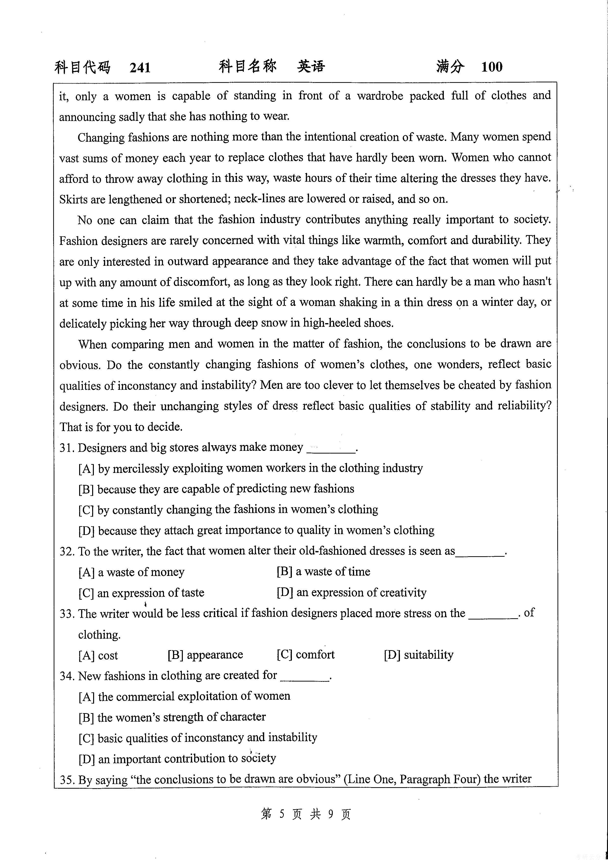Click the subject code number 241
pyautogui.click(x=140, y=67)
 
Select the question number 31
pyautogui.click(x=67, y=448)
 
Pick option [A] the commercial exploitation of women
pyautogui.click(x=184, y=696)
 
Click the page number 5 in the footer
pyautogui.click(x=282, y=814)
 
